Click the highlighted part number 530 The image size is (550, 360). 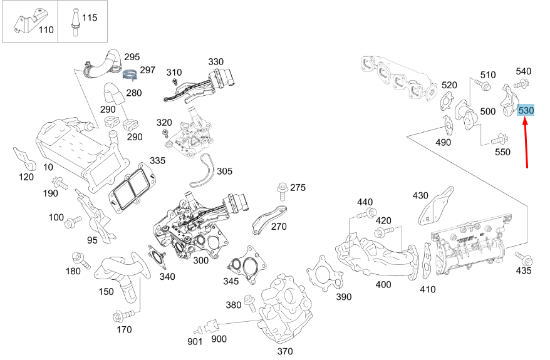point(526,110)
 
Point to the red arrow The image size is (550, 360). point(526,144)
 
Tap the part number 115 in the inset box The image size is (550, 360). point(90,18)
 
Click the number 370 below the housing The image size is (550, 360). point(285,351)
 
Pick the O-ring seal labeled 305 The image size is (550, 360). point(202,172)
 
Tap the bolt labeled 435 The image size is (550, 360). point(524,259)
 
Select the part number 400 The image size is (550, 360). point(383,284)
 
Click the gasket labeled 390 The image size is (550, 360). point(324,274)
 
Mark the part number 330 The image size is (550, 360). point(215,62)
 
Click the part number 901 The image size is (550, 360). point(195,342)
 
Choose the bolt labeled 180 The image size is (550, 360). point(81,259)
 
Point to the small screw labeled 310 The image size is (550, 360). point(175,81)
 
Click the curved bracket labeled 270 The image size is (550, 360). point(269,219)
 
